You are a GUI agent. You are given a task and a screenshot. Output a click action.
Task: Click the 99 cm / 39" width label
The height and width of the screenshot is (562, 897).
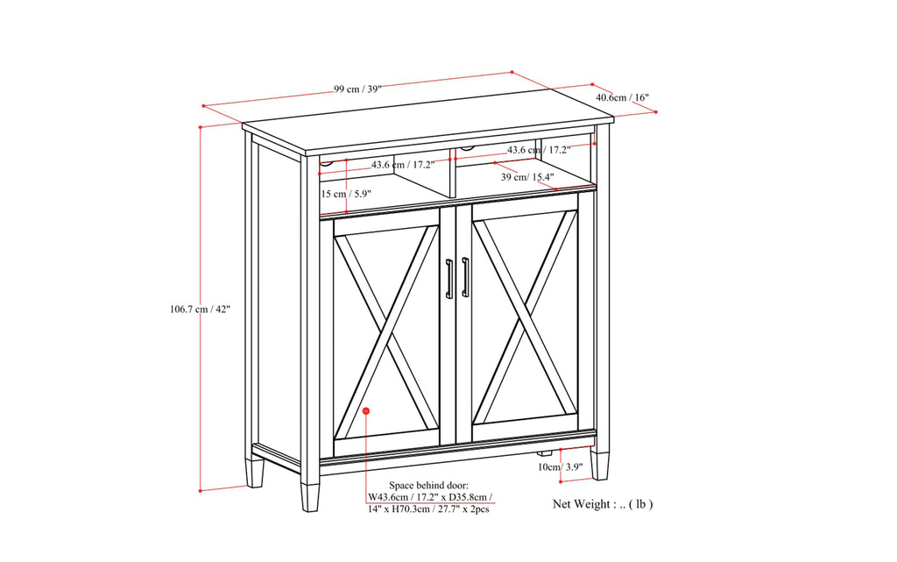(357, 89)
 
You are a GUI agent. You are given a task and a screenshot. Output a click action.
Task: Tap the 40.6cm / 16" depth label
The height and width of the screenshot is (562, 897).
(622, 97)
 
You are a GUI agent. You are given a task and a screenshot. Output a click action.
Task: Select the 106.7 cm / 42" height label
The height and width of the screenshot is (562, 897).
(201, 309)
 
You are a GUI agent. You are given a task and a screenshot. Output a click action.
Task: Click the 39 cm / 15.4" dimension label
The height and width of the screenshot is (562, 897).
(527, 177)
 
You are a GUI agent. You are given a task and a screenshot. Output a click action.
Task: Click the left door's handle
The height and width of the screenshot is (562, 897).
(448, 278)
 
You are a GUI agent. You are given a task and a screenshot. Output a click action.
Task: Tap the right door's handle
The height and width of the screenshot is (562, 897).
(465, 278)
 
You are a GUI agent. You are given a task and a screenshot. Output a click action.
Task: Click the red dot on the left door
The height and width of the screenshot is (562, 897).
(367, 410)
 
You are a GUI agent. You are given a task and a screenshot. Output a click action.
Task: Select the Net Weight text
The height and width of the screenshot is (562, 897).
(602, 504)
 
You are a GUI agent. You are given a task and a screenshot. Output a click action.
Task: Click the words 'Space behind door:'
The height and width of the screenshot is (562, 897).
(428, 485)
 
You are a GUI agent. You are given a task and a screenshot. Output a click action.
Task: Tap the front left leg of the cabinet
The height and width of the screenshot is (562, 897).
(310, 494)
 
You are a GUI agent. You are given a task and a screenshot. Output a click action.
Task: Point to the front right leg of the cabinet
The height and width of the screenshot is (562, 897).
(599, 464)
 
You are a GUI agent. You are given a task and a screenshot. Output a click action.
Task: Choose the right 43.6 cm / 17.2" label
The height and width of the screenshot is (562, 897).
(539, 150)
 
